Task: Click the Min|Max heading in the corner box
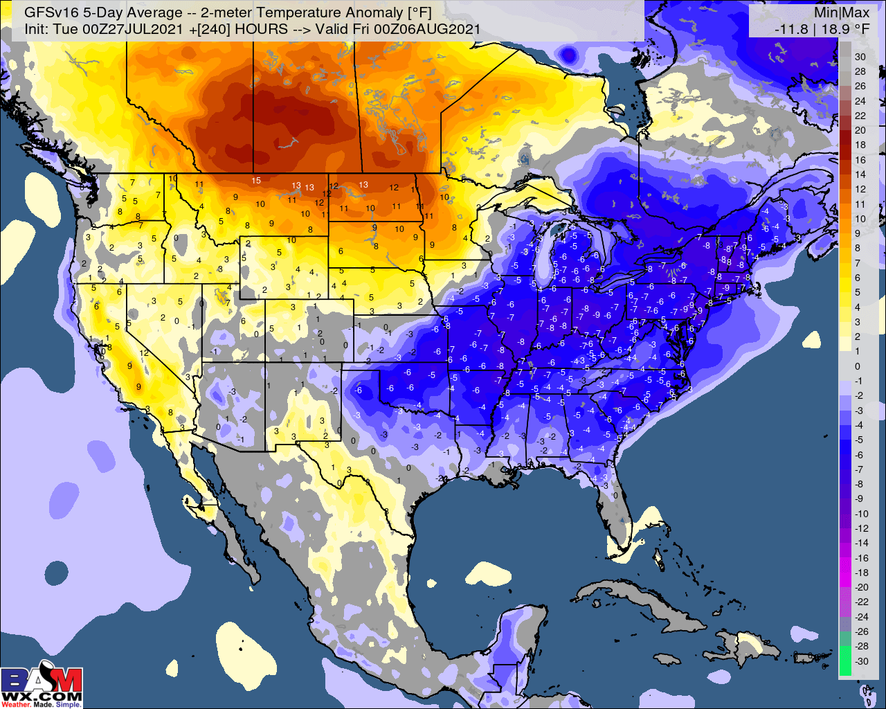pyautogui.click(x=842, y=13)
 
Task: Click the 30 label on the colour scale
pyautogui.click(x=860, y=57)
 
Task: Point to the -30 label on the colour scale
pyautogui.click(x=861, y=661)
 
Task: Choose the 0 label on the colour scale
pyautogui.click(x=858, y=366)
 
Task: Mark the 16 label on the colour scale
pyautogui.click(x=860, y=160)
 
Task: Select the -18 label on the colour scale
pyautogui.click(x=861, y=573)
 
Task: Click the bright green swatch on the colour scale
pyautogui.click(x=845, y=661)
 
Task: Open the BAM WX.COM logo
pyautogui.click(x=42, y=687)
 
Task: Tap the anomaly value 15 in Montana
pyautogui.click(x=256, y=181)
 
